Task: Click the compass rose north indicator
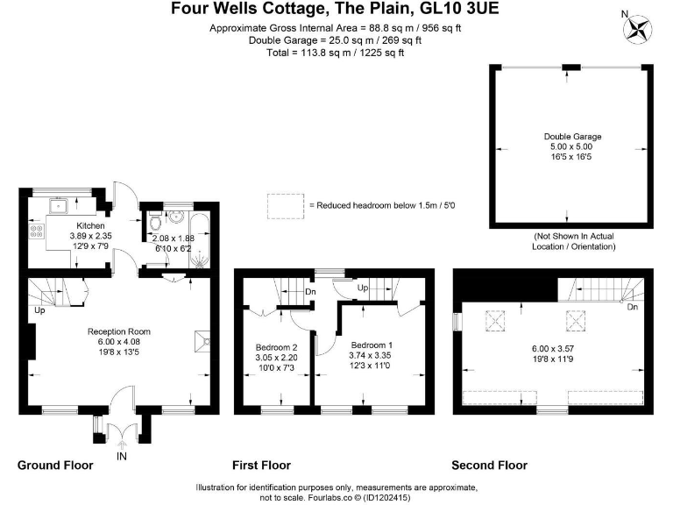pos(637,29)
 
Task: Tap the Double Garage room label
pos(572,137)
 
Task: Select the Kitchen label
pos(90,225)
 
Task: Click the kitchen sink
pos(58,206)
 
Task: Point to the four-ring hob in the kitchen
pos(36,231)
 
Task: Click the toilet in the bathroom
pos(155,221)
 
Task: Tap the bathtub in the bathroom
pos(200,240)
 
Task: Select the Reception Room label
pos(119,331)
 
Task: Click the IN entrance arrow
pos(122,445)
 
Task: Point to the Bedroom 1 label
pos(372,345)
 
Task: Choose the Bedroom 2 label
pos(276,347)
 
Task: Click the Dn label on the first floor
pos(310,292)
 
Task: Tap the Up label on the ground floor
pos(39,310)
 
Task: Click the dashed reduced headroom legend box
pos(286,207)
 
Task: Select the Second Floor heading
pos(489,465)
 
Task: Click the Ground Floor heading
pos(55,465)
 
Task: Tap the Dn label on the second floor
pos(632,307)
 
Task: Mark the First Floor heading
pos(261,465)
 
